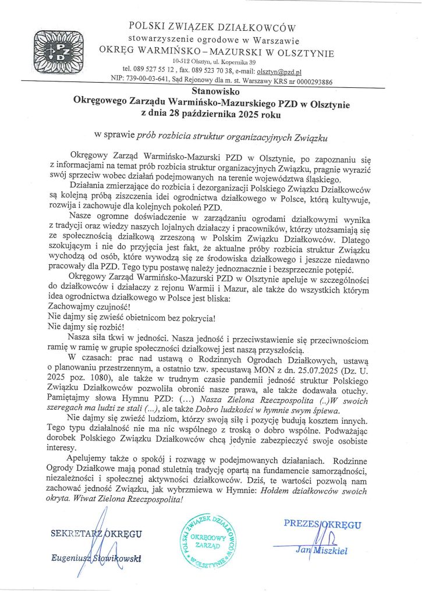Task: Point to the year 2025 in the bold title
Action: tap(236, 115)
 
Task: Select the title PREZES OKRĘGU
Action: tap(322, 524)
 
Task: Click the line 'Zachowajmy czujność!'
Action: tap(81, 307)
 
